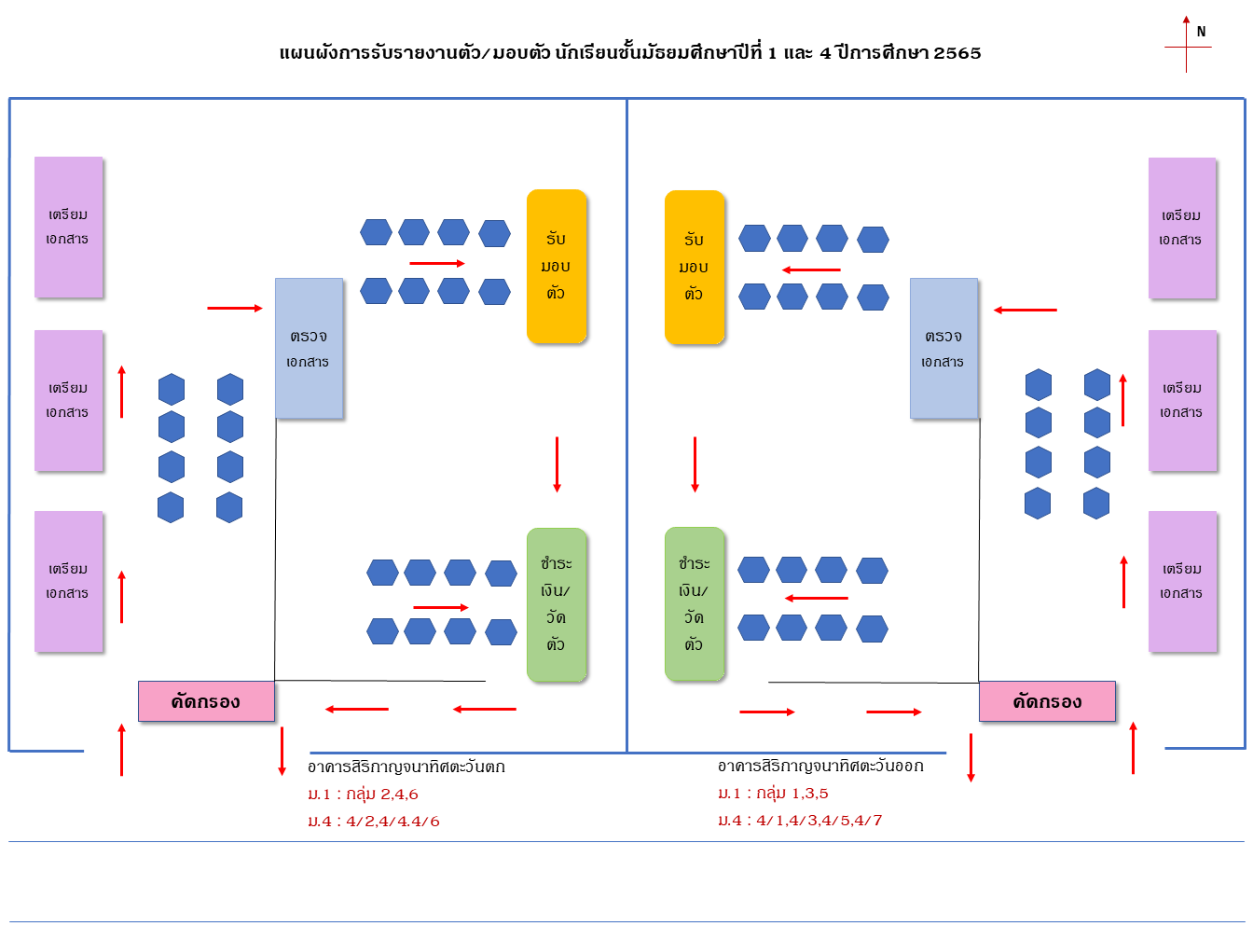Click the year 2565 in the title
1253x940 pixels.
[957, 53]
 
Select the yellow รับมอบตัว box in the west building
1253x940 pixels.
[557, 266]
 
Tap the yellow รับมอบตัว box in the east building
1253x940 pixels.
[695, 267]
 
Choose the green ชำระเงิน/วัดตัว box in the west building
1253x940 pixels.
[557, 604]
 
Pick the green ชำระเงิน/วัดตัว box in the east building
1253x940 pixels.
[695, 603]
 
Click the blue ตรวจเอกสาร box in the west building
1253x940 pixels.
[309, 348]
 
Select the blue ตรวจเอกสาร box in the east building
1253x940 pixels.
[943, 348]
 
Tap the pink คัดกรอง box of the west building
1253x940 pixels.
[206, 701]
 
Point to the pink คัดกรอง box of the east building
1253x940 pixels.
[1047, 701]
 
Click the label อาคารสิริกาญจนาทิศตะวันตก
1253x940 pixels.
[406, 767]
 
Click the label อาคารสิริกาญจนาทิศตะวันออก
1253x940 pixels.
[820, 767]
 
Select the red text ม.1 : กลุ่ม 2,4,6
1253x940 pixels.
[363, 795]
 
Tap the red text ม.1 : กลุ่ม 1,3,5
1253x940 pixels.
[773, 794]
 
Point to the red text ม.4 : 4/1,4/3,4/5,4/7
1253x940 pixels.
[800, 821]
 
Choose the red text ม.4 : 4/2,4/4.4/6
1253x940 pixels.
[374, 822]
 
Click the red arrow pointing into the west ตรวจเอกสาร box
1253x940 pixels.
[235, 308]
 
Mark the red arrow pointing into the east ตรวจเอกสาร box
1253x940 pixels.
[1025, 310]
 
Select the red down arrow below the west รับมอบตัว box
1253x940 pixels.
[557, 464]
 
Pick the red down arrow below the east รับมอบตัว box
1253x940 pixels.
[695, 464]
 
